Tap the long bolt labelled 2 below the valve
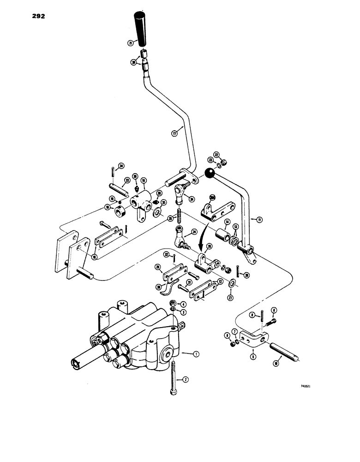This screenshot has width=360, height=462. point(173,378)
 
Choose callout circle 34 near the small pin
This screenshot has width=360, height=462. point(121,166)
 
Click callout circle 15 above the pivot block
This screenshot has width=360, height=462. point(144,180)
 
